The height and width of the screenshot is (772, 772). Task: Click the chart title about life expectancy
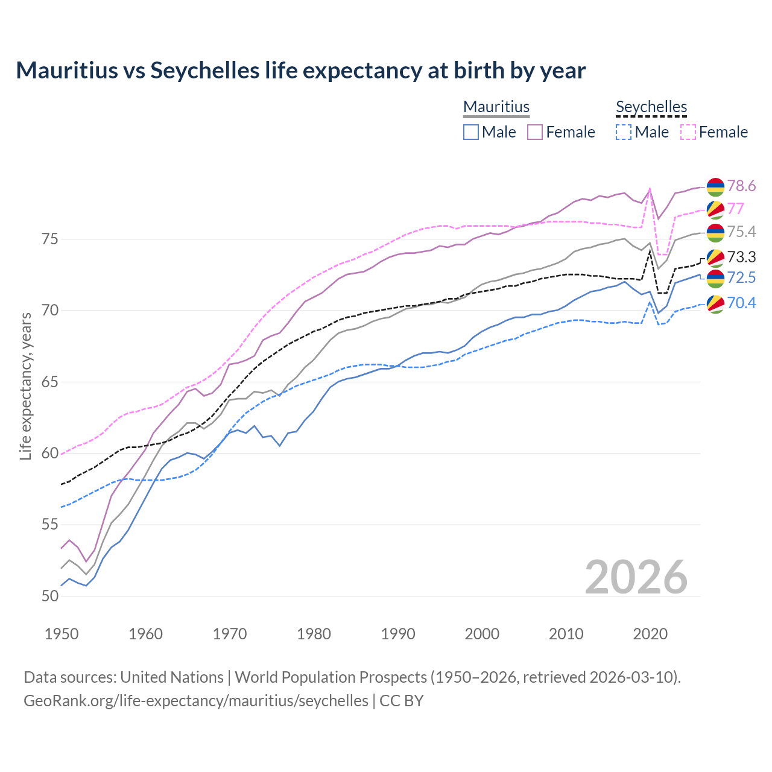(300, 71)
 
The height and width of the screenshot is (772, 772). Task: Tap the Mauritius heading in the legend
(496, 107)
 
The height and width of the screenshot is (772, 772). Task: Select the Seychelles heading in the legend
(651, 107)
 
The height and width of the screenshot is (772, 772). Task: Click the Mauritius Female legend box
(535, 132)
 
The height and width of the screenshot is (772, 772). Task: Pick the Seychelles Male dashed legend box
(624, 132)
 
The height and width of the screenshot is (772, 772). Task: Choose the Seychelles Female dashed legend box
(688, 132)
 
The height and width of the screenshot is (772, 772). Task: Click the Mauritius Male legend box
(471, 132)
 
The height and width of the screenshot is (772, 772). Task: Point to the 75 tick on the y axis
(50, 239)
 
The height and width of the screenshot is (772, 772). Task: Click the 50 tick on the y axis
(50, 596)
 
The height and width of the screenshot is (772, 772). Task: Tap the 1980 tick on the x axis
(314, 634)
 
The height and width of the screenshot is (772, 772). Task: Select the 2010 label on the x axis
(566, 634)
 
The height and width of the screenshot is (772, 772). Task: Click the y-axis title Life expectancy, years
(25, 386)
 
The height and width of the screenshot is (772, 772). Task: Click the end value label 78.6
(741, 186)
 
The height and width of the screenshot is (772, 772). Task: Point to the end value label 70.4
(741, 303)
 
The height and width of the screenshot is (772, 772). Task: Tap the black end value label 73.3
(741, 258)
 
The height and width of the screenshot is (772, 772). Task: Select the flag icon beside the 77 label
(715, 209)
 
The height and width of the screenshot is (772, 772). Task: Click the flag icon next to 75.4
(715, 232)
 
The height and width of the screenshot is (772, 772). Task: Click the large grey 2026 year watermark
(636, 577)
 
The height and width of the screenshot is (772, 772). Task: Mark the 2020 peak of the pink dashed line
(650, 189)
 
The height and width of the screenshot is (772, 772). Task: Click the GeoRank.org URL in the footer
(196, 701)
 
